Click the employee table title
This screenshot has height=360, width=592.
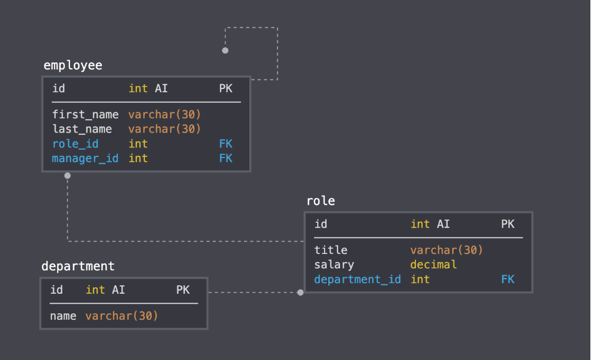[73, 66]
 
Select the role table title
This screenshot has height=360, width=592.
[320, 201]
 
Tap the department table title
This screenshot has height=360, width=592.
[78, 266]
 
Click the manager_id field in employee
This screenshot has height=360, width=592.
[85, 159]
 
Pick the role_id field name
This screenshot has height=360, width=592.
[75, 144]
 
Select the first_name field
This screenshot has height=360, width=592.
[85, 115]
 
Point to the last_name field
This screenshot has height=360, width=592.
[82, 129]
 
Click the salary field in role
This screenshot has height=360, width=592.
[334, 265]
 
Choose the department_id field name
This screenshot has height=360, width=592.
[357, 279]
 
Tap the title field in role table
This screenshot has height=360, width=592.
[330, 250]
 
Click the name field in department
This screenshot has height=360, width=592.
[63, 317]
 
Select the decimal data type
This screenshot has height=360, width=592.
[433, 265]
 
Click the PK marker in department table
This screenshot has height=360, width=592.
[183, 290]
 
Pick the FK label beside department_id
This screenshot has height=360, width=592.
[508, 279]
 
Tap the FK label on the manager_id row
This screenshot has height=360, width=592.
[225, 159]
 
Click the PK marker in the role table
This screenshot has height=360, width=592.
[508, 224]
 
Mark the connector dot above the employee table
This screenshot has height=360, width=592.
[225, 50]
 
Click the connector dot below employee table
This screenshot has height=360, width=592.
[67, 175]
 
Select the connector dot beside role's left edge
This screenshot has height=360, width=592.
[300, 292]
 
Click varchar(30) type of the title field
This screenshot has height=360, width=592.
[447, 250]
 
